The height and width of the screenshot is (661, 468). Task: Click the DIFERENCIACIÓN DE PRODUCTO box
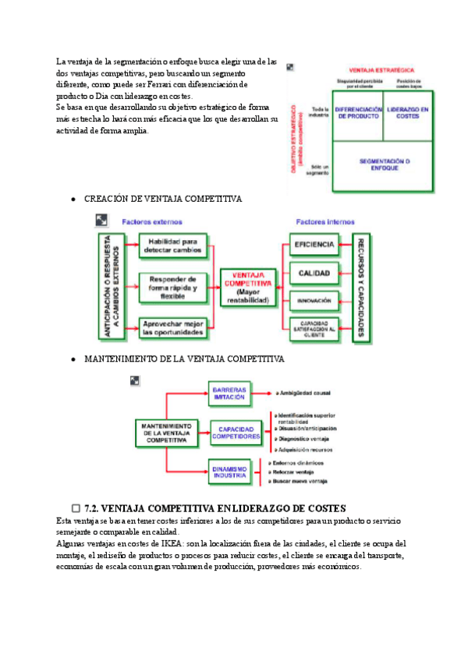359,115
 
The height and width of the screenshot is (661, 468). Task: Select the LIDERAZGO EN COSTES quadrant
408,115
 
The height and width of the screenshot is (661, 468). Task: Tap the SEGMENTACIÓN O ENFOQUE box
384,165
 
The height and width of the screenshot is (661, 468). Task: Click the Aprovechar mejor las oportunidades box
173,328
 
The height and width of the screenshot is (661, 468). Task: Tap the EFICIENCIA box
314,245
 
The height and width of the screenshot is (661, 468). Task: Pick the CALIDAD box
314,273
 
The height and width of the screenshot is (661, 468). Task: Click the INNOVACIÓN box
314,300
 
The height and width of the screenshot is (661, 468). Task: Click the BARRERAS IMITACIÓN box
229,393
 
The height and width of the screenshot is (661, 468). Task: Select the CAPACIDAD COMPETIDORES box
239,433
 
